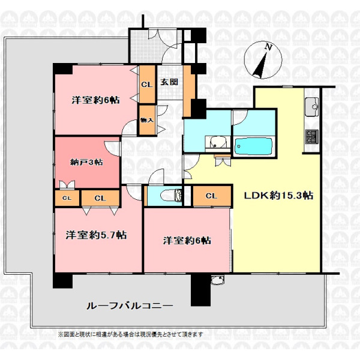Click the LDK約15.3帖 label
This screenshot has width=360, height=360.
(x=278, y=196)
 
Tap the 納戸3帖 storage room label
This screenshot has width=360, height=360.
(x=86, y=163)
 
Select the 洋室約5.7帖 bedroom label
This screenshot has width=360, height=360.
(x=96, y=235)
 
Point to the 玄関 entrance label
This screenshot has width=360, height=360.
(x=169, y=82)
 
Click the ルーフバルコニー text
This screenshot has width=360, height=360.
(x=130, y=306)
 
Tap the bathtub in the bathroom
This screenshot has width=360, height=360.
(x=253, y=146)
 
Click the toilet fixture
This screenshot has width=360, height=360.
(x=171, y=196)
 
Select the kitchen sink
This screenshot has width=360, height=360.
(x=311, y=107)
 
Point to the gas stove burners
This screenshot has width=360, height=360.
(x=312, y=137)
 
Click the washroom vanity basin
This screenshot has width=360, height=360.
(x=217, y=142)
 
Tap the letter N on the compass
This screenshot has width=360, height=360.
(x=268, y=47)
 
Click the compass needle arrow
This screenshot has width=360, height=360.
(x=260, y=65)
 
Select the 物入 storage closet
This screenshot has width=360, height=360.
(x=147, y=120)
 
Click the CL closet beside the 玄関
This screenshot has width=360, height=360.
(x=147, y=85)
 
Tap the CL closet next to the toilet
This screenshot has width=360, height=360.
(x=212, y=196)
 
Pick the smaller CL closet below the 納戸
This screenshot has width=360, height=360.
(x=67, y=198)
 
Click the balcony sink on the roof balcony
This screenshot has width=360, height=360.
(x=217, y=280)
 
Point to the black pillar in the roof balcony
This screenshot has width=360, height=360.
(x=200, y=290)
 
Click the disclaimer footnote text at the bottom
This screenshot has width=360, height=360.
(x=130, y=334)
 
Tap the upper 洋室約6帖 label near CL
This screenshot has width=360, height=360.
(x=95, y=100)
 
